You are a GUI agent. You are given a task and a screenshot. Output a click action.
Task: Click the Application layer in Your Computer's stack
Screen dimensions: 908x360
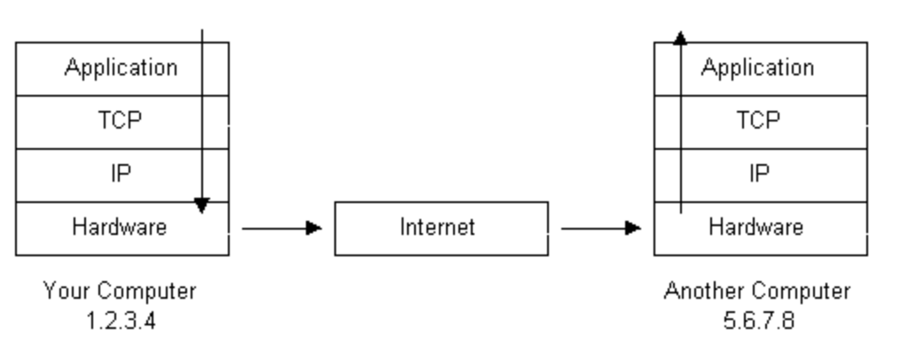tap(121, 68)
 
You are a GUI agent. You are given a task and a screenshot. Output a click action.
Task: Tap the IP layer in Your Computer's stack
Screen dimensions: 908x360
tap(121, 175)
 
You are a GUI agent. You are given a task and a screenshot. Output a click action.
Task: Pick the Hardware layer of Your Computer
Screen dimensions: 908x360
tap(121, 228)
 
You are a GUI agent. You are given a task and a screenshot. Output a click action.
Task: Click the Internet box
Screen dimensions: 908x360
tap(441, 228)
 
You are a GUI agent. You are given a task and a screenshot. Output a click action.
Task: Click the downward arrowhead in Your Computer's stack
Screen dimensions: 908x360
tap(202, 206)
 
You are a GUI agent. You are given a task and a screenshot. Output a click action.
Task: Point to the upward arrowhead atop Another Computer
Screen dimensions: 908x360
tap(679, 37)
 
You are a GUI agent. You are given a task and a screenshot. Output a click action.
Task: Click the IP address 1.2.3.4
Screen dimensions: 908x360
tap(121, 319)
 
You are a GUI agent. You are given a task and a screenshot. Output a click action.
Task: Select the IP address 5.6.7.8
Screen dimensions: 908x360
tap(758, 319)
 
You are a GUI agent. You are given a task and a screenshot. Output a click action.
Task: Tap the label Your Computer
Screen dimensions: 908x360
tap(121, 291)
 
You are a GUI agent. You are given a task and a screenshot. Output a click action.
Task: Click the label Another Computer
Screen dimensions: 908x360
tap(758, 291)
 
